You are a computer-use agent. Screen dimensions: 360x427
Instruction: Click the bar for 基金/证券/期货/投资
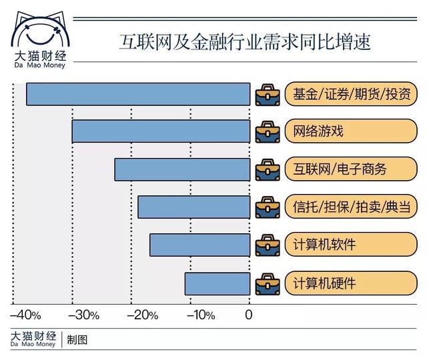click(x=138, y=94)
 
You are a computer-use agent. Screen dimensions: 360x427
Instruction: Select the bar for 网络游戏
click(x=161, y=131)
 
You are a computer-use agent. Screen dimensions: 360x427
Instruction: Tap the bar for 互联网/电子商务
click(x=182, y=169)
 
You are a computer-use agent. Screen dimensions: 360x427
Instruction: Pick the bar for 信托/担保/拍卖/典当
click(x=194, y=207)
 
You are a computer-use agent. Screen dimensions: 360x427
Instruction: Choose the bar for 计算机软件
click(x=200, y=245)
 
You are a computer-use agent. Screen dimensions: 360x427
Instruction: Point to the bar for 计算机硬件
click(x=218, y=283)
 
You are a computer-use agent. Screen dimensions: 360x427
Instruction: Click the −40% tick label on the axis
click(x=25, y=315)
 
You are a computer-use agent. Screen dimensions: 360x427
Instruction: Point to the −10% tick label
click(x=198, y=315)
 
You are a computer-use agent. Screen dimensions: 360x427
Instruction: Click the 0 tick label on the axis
click(x=249, y=315)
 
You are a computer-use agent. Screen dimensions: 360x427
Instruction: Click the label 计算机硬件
click(x=324, y=283)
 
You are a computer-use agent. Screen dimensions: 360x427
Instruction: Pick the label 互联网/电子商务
click(x=340, y=169)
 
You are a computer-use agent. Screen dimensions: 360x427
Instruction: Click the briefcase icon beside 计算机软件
click(x=267, y=245)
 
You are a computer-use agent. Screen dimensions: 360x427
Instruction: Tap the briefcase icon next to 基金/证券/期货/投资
click(x=267, y=94)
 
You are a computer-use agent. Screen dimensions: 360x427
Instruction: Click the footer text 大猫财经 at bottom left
click(x=33, y=335)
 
